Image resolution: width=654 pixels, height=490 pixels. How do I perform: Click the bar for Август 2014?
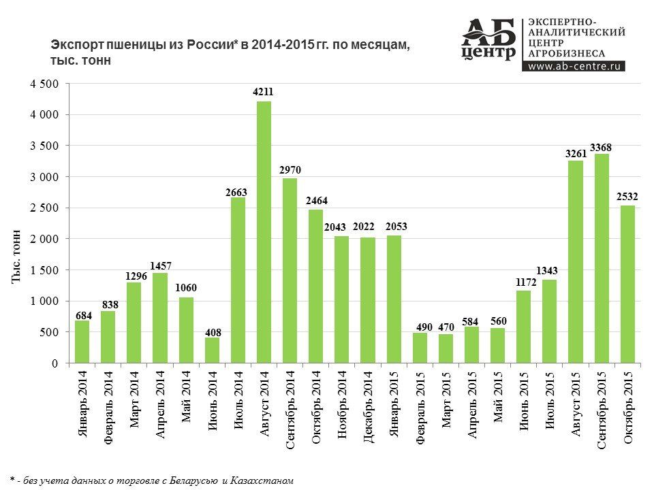264,231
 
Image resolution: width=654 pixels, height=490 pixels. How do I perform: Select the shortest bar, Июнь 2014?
212,350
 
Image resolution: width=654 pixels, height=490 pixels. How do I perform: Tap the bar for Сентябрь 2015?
602,259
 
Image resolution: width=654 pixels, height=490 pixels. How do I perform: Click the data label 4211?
264,91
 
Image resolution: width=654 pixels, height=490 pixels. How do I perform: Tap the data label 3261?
576,154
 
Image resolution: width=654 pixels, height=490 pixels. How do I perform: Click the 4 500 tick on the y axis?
47,84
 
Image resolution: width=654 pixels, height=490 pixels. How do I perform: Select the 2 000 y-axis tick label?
47,239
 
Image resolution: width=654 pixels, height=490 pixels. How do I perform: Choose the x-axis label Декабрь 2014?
368,407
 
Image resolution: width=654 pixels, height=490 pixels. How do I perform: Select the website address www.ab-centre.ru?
573,66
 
